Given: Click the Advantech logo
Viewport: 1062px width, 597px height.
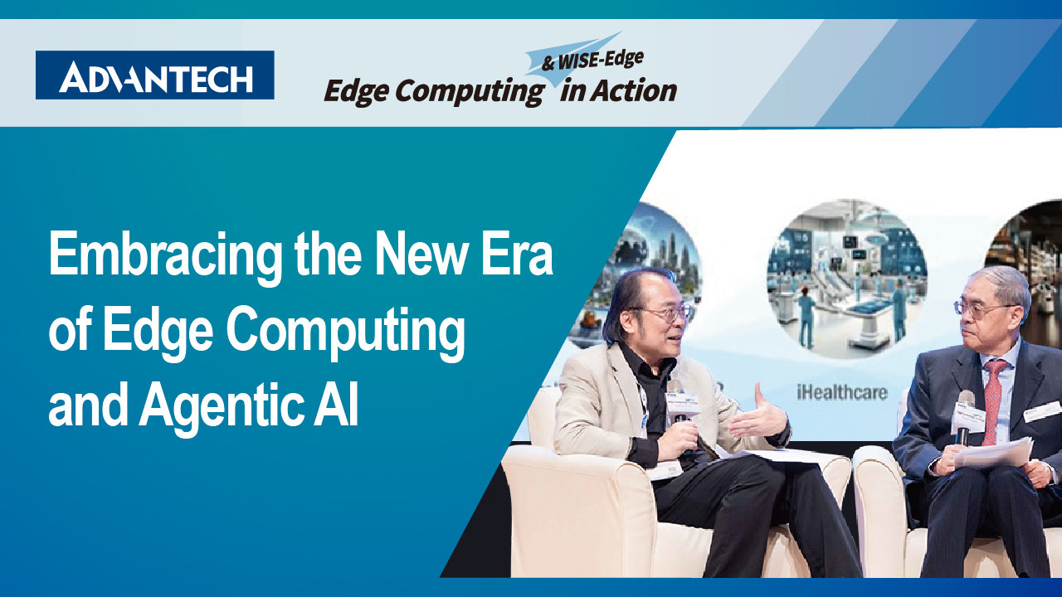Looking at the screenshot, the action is click(154, 75).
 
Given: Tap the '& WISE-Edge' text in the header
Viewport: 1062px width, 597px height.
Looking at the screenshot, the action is click(592, 61).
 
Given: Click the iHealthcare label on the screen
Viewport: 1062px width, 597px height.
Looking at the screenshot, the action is click(841, 392).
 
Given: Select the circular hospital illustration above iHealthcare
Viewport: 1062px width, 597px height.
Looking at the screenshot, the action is click(847, 279).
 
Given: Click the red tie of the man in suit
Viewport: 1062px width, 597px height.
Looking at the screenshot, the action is click(991, 403).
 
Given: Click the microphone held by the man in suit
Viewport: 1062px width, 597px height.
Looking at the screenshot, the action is click(963, 417).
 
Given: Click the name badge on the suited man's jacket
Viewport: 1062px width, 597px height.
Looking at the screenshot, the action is click(1041, 411).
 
